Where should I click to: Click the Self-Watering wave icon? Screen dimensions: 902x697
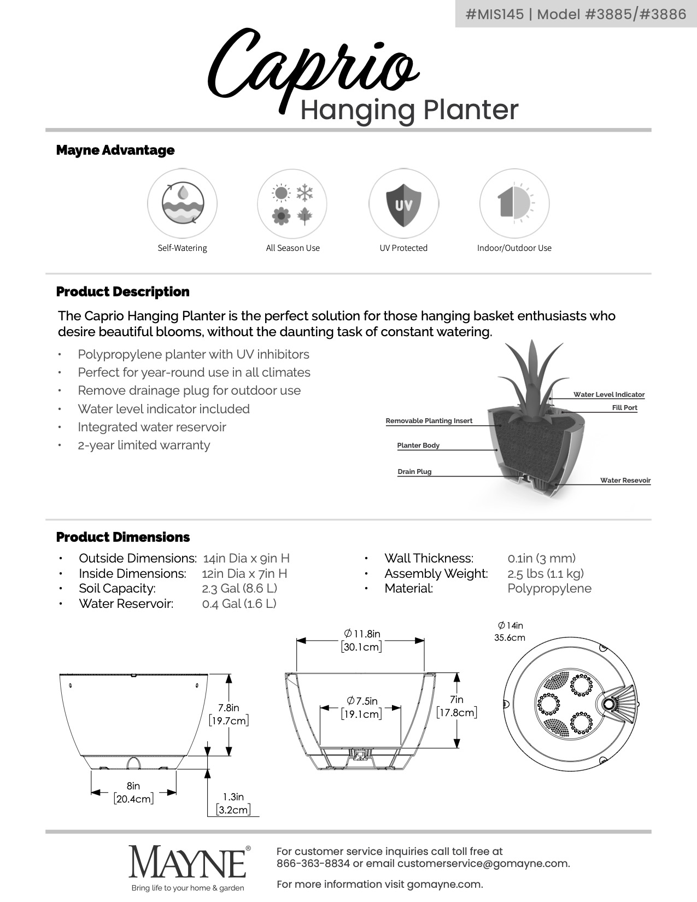point(183,203)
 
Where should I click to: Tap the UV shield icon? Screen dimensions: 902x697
point(403,204)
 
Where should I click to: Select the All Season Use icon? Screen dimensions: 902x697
point(292,204)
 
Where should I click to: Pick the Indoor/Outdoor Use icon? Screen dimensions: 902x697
point(514,204)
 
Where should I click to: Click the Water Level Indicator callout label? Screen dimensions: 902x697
point(608,395)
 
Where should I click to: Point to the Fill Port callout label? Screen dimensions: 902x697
point(624,408)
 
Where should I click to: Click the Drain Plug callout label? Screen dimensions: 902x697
point(414,472)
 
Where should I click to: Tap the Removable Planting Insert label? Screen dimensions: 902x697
point(429,421)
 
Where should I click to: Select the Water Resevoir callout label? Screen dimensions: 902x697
point(625,481)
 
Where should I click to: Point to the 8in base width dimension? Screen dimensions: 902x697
point(133,792)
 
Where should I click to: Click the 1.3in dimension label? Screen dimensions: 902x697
point(233,803)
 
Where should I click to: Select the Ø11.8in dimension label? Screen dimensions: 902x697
point(361,640)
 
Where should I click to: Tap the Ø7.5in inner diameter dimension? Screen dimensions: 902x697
point(361,707)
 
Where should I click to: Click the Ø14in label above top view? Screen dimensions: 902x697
point(510,631)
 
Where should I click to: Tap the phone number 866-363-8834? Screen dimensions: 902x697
point(313,864)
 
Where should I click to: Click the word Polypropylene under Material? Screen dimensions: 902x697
point(549,589)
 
